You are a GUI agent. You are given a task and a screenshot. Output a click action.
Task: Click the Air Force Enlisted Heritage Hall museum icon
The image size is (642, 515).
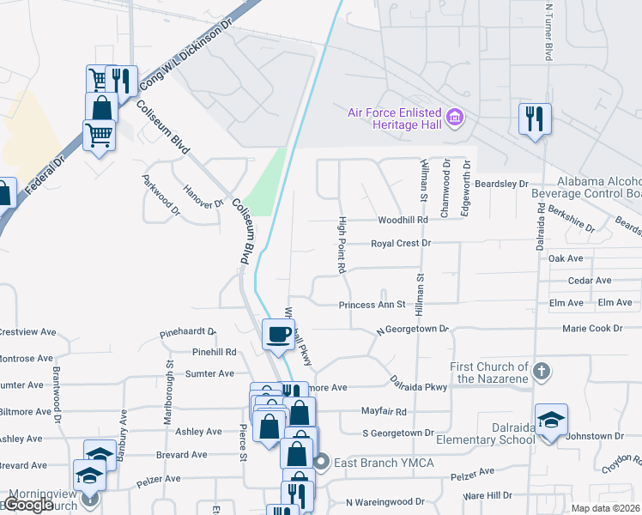(456, 116)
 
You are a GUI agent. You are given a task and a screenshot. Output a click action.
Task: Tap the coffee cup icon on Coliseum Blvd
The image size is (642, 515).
(277, 334)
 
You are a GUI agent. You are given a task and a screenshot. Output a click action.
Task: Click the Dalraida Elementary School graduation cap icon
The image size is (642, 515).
(552, 420)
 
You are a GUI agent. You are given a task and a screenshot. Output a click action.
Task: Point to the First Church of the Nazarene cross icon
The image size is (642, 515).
(540, 372)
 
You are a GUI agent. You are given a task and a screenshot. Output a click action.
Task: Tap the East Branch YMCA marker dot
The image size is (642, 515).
(322, 463)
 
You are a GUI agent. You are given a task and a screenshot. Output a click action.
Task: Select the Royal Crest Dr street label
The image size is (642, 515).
(400, 244)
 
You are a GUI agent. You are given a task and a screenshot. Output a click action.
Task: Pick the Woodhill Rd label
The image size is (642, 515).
(403, 221)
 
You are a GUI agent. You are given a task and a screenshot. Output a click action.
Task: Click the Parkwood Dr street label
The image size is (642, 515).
(160, 196)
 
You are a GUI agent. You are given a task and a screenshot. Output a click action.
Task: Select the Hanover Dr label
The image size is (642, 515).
(204, 197)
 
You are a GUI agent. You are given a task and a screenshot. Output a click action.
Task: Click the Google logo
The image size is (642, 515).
(29, 505)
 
